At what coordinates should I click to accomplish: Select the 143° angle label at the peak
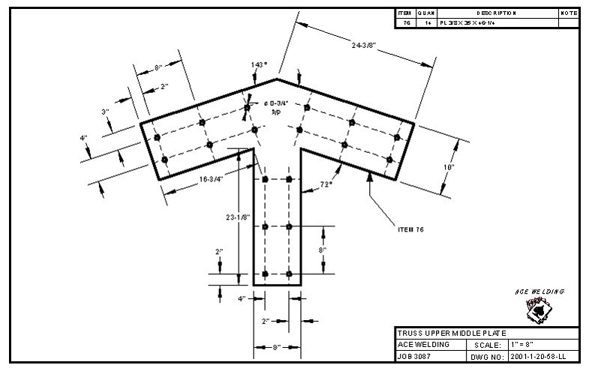[259, 65]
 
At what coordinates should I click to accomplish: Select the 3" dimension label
[106, 112]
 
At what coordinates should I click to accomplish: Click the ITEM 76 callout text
[410, 229]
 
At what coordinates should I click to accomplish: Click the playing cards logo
[536, 309]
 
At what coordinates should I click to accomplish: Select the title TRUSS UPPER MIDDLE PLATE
[451, 333]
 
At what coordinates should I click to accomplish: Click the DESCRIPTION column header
[496, 13]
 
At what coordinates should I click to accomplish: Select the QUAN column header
[425, 13]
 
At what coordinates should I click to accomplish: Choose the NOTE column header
[569, 13]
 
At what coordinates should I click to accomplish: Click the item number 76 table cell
[405, 23]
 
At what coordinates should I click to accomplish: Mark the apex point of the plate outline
[277, 78]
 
